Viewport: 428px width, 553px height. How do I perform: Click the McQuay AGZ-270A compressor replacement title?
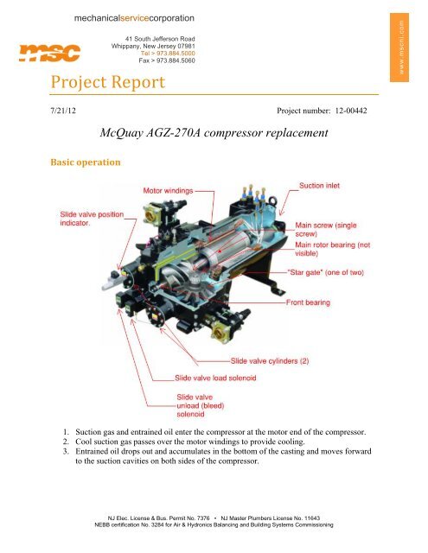(214, 134)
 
